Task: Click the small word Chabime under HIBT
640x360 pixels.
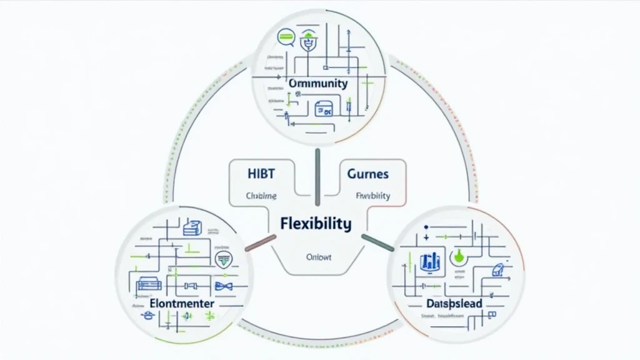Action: tap(248, 195)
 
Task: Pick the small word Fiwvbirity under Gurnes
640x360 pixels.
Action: tap(373, 195)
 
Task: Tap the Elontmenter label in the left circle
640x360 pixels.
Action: tap(182, 303)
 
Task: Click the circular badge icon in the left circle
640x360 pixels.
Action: tap(222, 259)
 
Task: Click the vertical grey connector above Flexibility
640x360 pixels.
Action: tap(317, 177)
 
